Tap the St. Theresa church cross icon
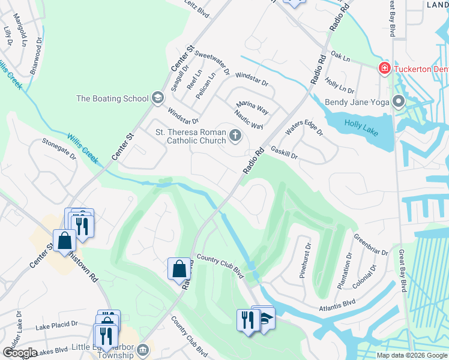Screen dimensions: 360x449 pyautogui.click(x=235, y=136)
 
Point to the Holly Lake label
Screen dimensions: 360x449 pyautogui.click(x=361, y=127)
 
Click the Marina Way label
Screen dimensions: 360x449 pyautogui.click(x=252, y=108)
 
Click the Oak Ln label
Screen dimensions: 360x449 pyautogui.click(x=339, y=56)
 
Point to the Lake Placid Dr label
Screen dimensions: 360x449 pyautogui.click(x=56, y=325)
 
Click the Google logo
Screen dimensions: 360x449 pyautogui.click(x=20, y=352)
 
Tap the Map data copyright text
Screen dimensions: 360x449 pyautogui.click(x=411, y=355)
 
